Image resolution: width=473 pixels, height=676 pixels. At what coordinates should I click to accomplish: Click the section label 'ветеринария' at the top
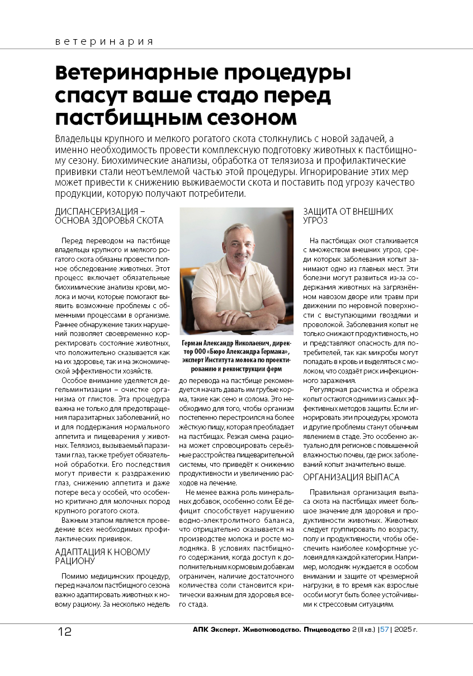[104, 42]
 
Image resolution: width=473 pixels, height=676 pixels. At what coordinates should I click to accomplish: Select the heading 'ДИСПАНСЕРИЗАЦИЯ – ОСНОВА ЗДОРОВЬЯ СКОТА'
[110, 216]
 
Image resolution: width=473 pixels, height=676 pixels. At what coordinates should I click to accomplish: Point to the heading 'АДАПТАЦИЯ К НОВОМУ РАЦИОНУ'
[103, 556]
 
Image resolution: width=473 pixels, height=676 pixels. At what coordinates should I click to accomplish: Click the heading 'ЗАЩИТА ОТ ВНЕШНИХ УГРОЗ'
[348, 216]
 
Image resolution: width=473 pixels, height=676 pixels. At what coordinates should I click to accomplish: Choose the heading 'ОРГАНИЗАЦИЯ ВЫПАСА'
[351, 477]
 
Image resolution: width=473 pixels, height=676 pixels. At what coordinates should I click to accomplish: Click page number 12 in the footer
[64, 632]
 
